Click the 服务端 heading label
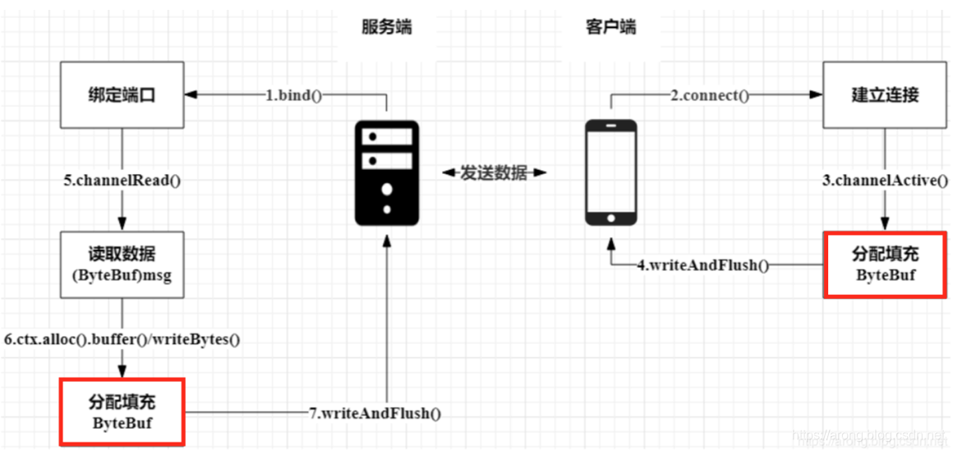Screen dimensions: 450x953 pyautogui.click(x=386, y=28)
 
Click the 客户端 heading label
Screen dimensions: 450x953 pyautogui.click(x=610, y=28)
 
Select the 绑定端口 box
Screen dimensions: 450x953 pyautogui.click(x=122, y=95)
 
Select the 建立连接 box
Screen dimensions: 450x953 pyautogui.click(x=884, y=95)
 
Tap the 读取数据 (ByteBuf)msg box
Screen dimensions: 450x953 pyautogui.click(x=122, y=264)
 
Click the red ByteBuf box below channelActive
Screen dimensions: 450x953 pyautogui.click(x=885, y=264)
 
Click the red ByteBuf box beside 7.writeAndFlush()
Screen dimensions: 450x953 pyautogui.click(x=122, y=412)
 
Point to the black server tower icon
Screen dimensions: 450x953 pyautogui.click(x=386, y=172)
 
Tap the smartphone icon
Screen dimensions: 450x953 pyautogui.click(x=610, y=172)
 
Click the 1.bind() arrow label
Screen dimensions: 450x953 pyautogui.click(x=293, y=95)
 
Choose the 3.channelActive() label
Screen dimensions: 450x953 pyautogui.click(x=885, y=181)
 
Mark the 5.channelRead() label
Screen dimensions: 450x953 pyautogui.click(x=122, y=181)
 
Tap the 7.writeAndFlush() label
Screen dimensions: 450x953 pyautogui.click(x=375, y=413)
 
